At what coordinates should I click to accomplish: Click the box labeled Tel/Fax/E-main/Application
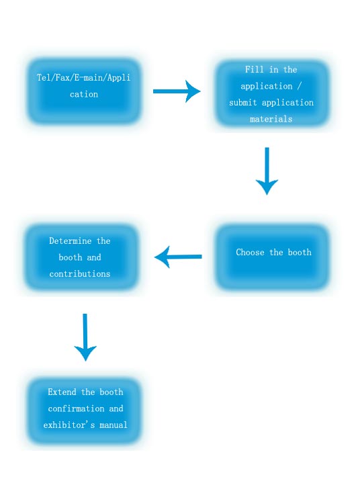pyautogui.click(x=83, y=91)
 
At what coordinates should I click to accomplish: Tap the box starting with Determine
pyautogui.click(x=81, y=257)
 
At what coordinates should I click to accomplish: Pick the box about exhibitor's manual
pyautogui.click(x=85, y=410)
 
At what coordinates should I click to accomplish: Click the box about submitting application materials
pyautogui.click(x=271, y=93)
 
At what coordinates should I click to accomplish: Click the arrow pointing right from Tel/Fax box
pyautogui.click(x=177, y=91)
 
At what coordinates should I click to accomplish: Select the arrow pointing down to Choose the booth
pyautogui.click(x=267, y=171)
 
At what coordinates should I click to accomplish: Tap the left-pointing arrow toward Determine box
pyautogui.click(x=178, y=257)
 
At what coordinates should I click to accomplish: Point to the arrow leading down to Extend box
pyautogui.click(x=85, y=337)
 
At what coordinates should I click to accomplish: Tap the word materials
pyautogui.click(x=271, y=120)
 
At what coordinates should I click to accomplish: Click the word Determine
pyautogui.click(x=70, y=241)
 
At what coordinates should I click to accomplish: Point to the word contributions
pyautogui.click(x=80, y=274)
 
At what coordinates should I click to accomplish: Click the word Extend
pyautogui.click(x=62, y=392)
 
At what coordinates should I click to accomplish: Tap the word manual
pyautogui.click(x=113, y=425)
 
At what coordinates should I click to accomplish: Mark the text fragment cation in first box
pyautogui.click(x=84, y=95)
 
